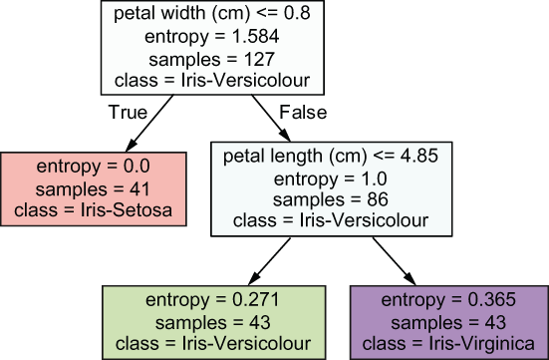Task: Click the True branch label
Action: click(128, 113)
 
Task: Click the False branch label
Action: click(303, 113)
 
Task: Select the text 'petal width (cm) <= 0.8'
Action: click(212, 14)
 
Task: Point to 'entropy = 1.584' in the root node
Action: click(212, 36)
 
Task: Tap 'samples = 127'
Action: click(212, 59)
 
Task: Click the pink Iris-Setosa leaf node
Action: click(94, 188)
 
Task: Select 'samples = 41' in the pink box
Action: click(93, 189)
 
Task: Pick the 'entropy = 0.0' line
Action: click(93, 167)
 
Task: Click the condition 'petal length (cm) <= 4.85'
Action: click(331, 156)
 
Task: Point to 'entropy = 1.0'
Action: click(331, 179)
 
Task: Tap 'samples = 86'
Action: click(331, 199)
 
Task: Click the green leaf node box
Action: click(214, 322)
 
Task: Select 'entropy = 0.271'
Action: click(213, 300)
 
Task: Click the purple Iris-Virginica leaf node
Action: click(449, 322)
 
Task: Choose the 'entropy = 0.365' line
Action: click(448, 300)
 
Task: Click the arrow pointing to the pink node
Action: click(149, 124)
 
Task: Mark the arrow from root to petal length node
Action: click(271, 118)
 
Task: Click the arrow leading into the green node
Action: click(269, 261)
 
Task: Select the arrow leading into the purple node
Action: click(395, 261)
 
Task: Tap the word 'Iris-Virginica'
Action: click(482, 343)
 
